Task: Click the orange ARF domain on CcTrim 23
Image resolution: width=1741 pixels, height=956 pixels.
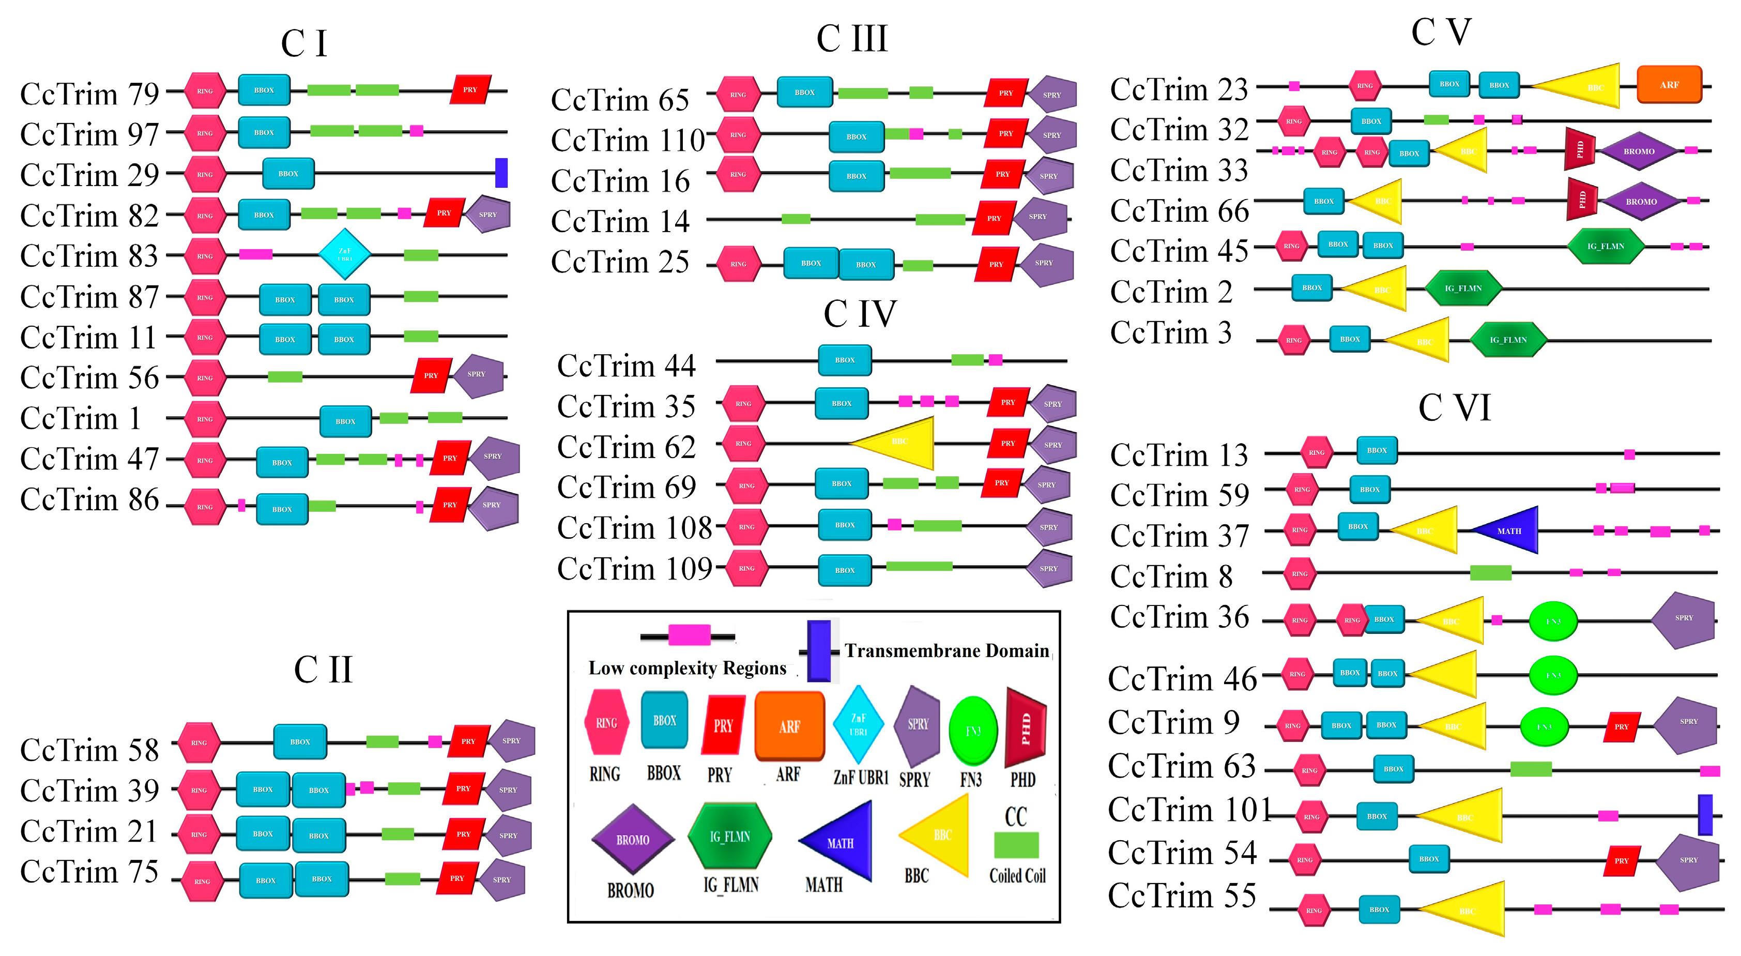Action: [1669, 84]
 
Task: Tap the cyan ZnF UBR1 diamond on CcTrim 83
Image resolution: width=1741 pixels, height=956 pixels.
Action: [345, 254]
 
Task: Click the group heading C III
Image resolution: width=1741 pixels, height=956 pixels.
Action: [851, 39]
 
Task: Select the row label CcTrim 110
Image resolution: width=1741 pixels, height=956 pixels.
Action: [627, 141]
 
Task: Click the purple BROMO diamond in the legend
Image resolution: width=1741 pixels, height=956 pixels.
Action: [633, 839]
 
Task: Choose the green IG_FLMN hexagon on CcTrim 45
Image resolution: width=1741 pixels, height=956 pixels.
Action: [1605, 246]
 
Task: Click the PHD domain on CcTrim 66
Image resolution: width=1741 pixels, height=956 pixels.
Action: [1581, 200]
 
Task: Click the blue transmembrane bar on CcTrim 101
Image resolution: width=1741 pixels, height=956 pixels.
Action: [1705, 815]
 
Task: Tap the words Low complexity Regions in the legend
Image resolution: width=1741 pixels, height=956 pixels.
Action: [688, 669]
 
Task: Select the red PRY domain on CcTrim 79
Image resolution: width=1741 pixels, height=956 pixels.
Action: [470, 89]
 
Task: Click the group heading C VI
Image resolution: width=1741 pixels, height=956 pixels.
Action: [1454, 408]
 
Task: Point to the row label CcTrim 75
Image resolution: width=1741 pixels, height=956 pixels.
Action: [89, 872]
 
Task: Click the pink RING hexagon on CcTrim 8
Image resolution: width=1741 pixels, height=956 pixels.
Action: [1299, 573]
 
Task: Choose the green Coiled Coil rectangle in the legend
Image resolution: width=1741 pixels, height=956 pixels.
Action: [1016, 845]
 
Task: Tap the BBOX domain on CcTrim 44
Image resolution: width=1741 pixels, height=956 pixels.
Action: [844, 360]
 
